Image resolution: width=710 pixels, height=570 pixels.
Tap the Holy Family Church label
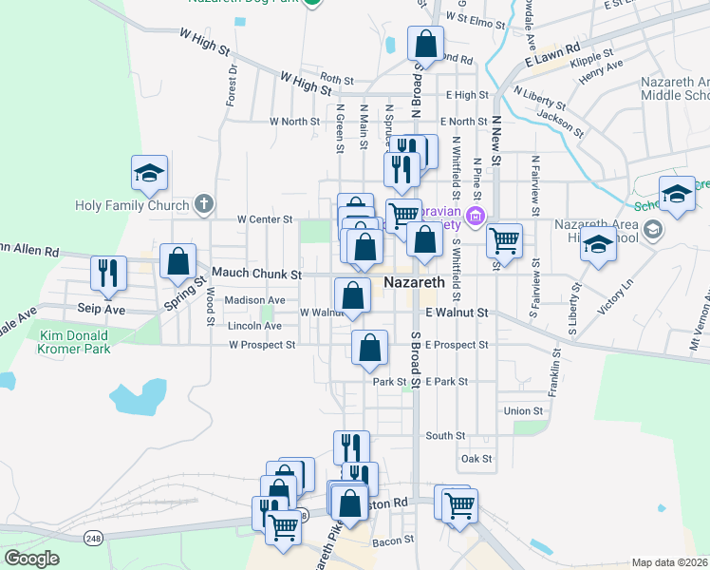pos(132,203)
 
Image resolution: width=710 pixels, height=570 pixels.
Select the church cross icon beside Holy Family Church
pos(202,203)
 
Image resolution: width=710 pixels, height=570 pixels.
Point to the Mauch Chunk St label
pos(255,274)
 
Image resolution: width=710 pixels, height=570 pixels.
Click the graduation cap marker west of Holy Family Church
pos(149,174)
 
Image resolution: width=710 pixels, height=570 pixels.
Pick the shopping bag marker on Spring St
pos(177,262)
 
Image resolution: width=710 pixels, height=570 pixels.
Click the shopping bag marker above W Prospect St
pos(369,349)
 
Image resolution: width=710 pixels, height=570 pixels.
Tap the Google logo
pos(31,559)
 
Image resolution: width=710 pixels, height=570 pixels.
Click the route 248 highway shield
pos(93,539)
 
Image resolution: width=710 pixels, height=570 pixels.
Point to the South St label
pos(445,436)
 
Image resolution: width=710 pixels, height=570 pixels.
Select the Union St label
pos(523,411)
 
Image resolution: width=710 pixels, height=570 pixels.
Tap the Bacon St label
pos(388,541)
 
